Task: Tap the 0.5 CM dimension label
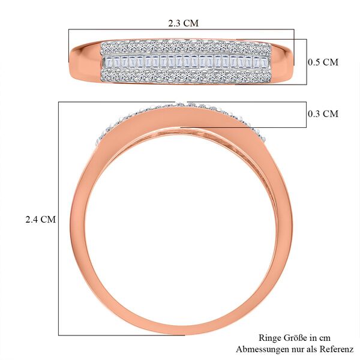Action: (x=322, y=62)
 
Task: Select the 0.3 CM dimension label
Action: (x=322, y=114)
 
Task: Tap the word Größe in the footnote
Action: (x=298, y=338)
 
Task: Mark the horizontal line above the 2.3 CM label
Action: (x=180, y=29)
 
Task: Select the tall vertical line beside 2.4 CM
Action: (x=58, y=219)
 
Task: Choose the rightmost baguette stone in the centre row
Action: (x=263, y=62)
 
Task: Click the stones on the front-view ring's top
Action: (x=180, y=106)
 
